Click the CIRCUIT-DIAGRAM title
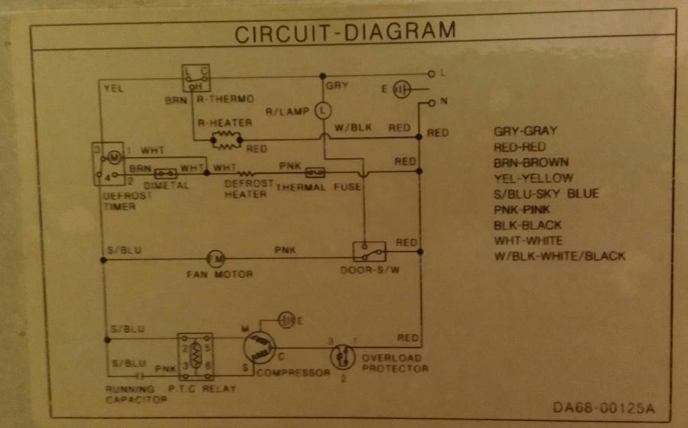pyautogui.click(x=344, y=33)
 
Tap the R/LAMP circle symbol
pyautogui.click(x=323, y=110)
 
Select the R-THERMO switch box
pyautogui.click(x=196, y=78)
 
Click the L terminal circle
pyautogui.click(x=432, y=74)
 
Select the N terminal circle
pyautogui.click(x=432, y=102)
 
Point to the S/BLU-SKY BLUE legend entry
pyautogui.click(x=546, y=194)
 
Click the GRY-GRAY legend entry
pyautogui.click(x=526, y=131)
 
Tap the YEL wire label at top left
pyautogui.click(x=112, y=88)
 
